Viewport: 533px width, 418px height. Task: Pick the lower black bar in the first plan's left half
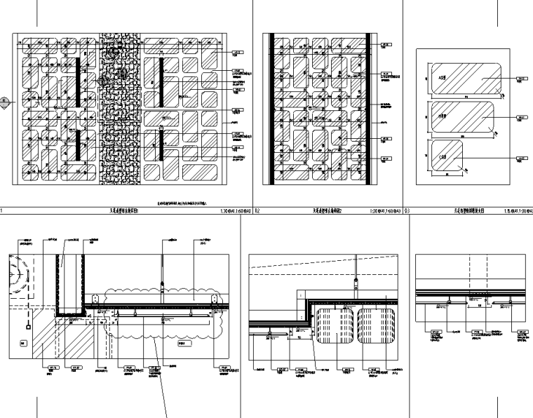click(76, 144)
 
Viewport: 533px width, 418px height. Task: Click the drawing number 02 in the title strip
click(257, 210)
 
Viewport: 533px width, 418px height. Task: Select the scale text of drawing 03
click(518, 210)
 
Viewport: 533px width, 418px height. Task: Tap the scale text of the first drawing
click(236, 210)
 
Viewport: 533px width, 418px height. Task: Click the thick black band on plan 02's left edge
click(266, 109)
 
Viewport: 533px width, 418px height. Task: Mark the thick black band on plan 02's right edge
click(368, 109)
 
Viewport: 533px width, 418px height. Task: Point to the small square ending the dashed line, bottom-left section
click(27, 326)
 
